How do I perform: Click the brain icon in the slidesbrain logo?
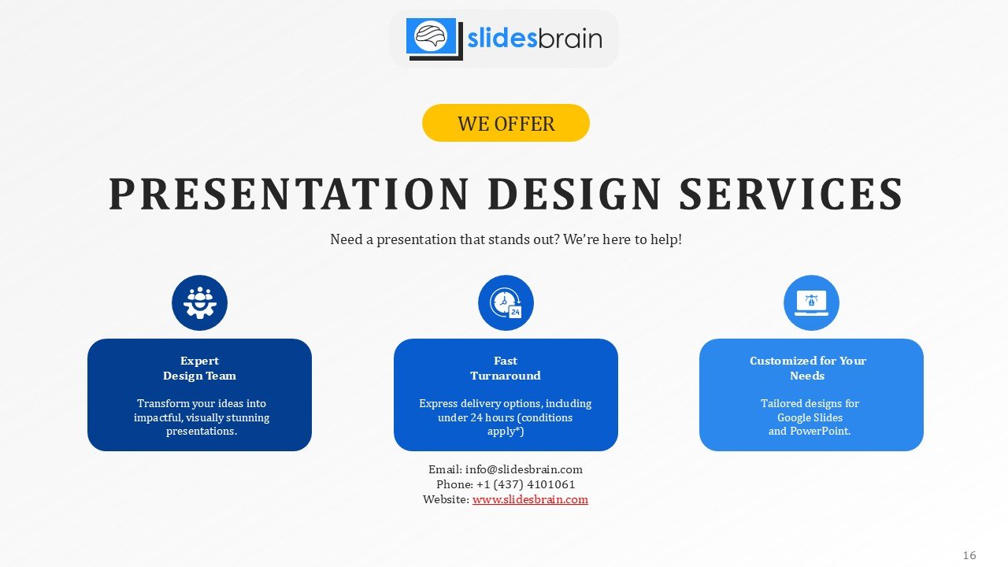coord(431,35)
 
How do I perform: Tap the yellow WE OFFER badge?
coord(506,123)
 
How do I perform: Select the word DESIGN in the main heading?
coord(575,194)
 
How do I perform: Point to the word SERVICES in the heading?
coord(791,194)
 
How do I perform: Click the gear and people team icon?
coord(199,302)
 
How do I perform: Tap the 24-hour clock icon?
coord(506,303)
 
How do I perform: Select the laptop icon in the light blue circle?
coord(811,303)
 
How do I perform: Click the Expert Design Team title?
coord(199,368)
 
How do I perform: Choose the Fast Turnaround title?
coord(506,368)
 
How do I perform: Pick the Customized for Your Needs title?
coord(808,368)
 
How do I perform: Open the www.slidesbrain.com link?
coord(530,499)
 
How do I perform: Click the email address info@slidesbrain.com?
coord(524,469)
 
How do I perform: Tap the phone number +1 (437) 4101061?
coord(525,484)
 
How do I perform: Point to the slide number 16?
coord(969,555)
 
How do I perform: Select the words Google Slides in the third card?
coord(810,417)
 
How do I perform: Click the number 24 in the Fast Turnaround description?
coord(476,417)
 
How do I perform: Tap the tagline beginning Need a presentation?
coord(506,239)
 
